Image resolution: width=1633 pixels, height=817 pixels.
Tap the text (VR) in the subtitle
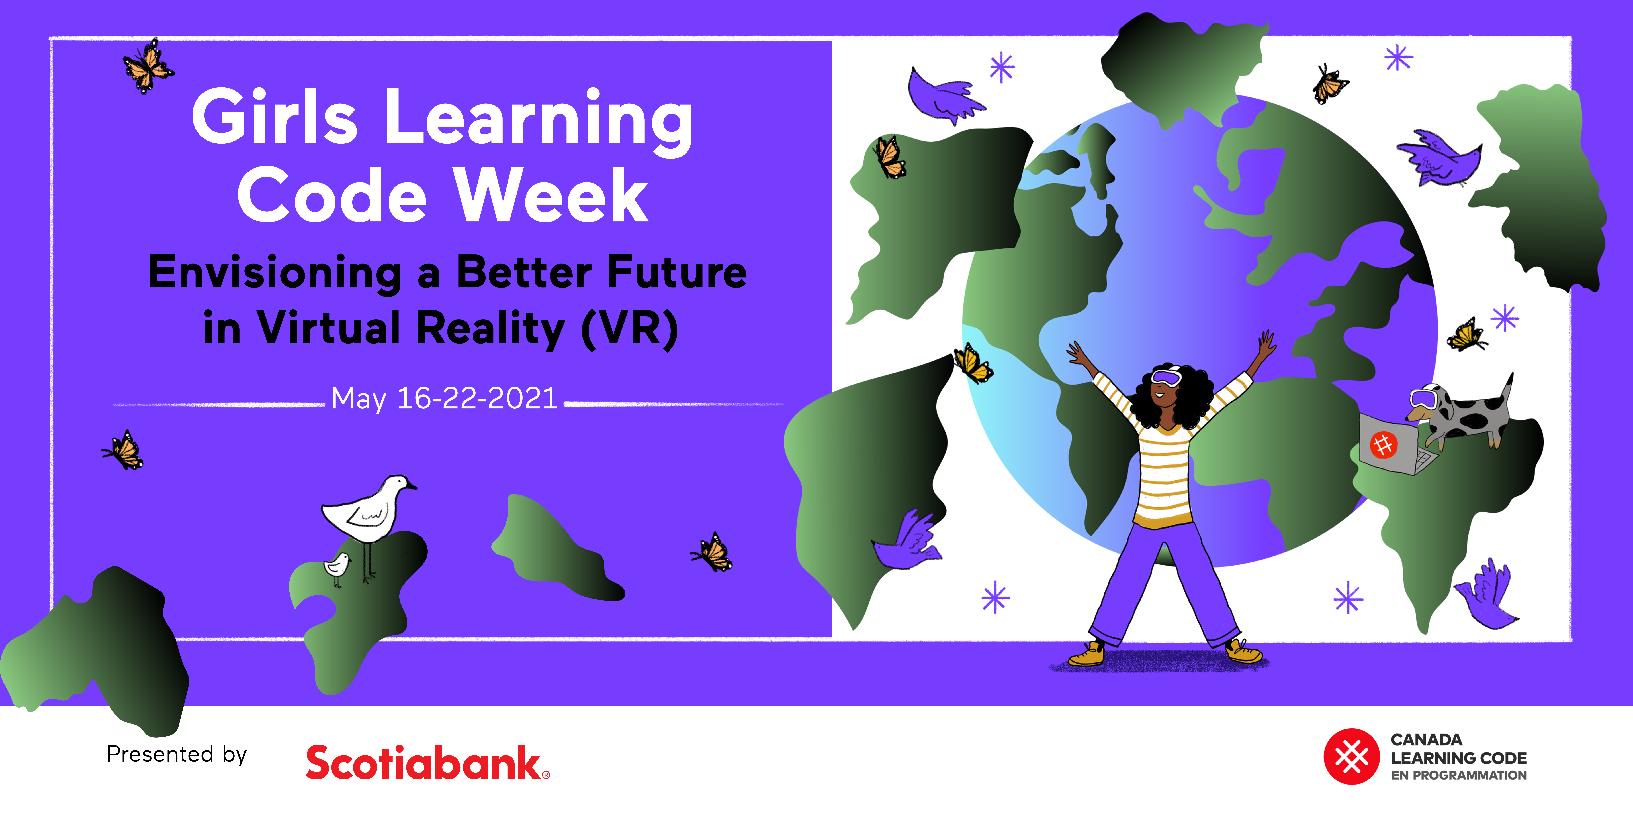pyautogui.click(x=630, y=329)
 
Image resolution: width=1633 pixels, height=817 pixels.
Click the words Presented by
pyautogui.click(x=177, y=755)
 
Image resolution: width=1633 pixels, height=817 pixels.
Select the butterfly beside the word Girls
pyautogui.click(x=148, y=66)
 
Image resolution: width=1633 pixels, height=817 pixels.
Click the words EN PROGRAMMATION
pyautogui.click(x=1459, y=775)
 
